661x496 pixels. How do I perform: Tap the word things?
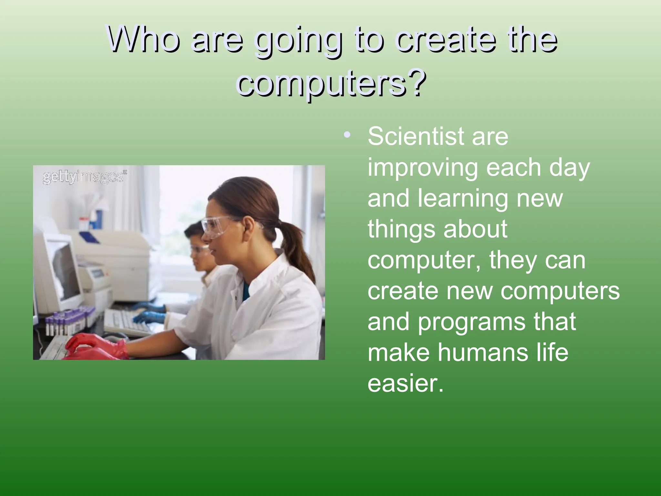pos(402,229)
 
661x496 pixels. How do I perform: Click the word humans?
pos(489,352)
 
